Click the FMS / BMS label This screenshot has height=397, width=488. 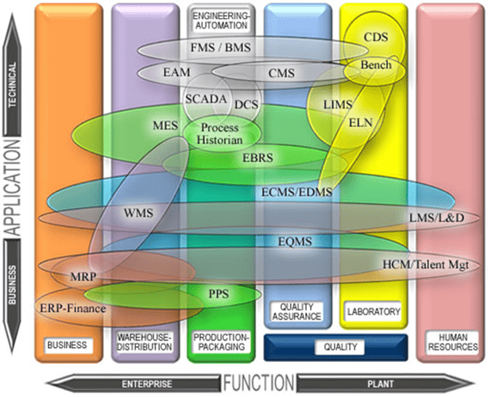(221, 48)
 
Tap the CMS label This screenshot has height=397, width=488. (281, 74)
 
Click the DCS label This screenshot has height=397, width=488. (247, 104)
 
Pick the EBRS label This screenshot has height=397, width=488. (258, 158)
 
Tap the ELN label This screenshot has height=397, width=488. (362, 123)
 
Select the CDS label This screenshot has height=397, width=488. (375, 37)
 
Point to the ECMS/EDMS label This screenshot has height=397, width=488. (296, 192)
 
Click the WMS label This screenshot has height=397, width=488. (138, 214)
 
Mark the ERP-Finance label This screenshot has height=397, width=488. (72, 307)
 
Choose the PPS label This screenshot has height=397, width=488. (219, 294)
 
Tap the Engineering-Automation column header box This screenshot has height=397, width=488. (222, 20)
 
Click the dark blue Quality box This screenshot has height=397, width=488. (335, 347)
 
